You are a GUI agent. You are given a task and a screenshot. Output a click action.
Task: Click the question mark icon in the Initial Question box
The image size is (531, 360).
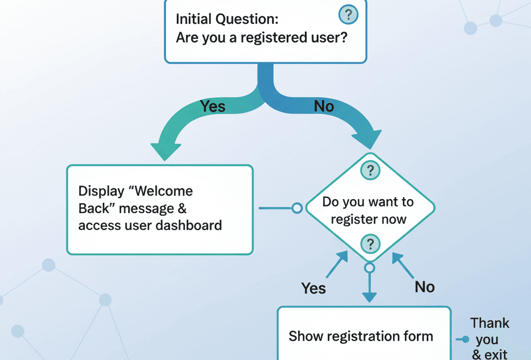[348, 15]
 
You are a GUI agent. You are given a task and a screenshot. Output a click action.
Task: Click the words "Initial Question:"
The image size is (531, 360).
[227, 19]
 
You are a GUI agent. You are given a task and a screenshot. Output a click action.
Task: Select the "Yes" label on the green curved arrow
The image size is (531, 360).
[213, 106]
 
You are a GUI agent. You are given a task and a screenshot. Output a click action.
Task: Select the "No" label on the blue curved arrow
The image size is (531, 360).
[324, 106]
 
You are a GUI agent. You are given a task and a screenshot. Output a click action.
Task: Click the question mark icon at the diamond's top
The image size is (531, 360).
[370, 170]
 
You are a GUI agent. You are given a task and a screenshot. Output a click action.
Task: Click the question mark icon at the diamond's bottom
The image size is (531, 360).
[370, 243]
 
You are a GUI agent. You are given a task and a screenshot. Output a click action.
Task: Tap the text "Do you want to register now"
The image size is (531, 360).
[368, 210]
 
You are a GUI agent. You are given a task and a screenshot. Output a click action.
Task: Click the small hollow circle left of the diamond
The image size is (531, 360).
[297, 208]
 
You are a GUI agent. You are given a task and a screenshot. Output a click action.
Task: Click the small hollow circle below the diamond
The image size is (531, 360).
[369, 268]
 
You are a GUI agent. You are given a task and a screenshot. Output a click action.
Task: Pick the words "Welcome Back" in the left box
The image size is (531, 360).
[135, 200]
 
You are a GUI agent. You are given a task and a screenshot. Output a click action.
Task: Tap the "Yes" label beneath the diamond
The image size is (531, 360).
[314, 287]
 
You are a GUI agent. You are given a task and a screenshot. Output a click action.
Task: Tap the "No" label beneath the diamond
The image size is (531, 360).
[425, 286]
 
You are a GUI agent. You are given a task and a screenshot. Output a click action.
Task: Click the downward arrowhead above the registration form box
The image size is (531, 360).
[369, 297]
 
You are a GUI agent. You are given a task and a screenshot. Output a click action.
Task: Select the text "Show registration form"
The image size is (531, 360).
[360, 336]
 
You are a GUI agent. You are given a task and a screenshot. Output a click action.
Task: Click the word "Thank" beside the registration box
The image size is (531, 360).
[490, 323]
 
